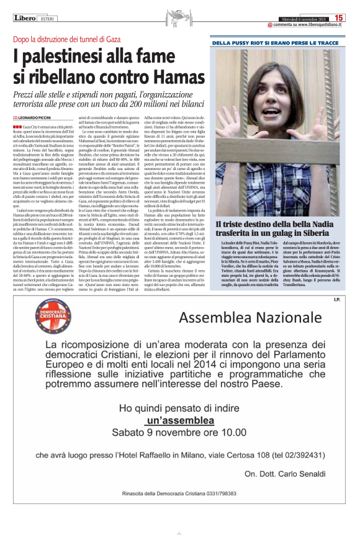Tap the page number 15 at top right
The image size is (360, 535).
click(340, 18)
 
